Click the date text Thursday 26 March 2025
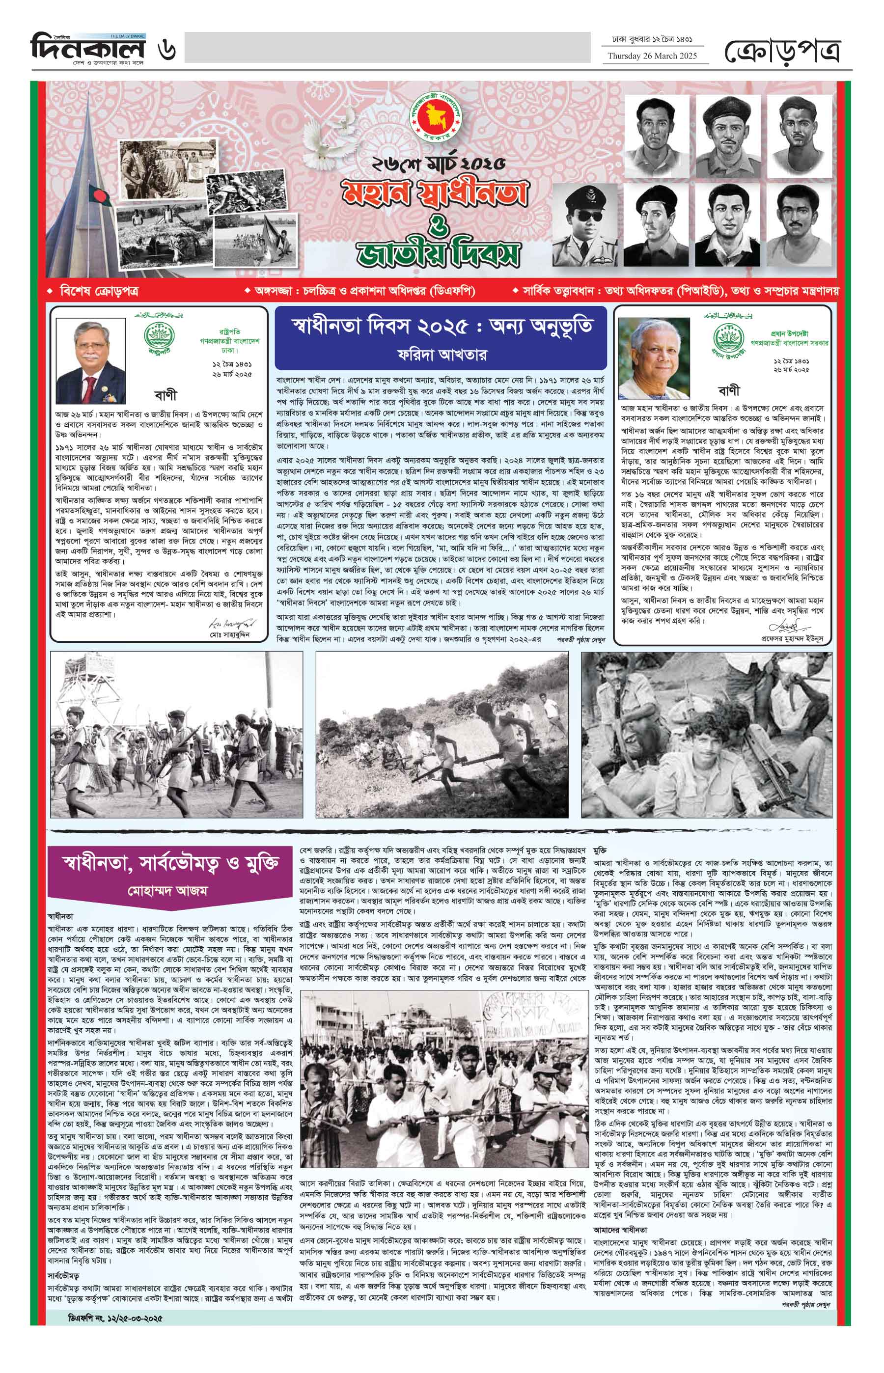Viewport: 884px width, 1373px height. (x=653, y=55)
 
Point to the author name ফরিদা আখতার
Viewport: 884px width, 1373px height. (x=441, y=354)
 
